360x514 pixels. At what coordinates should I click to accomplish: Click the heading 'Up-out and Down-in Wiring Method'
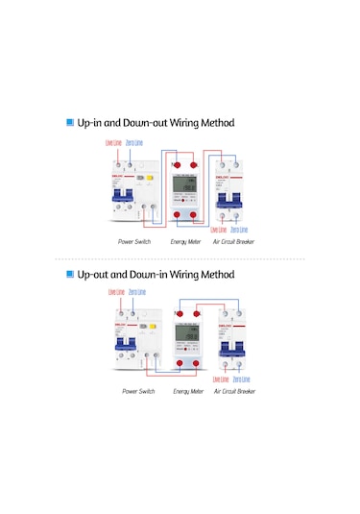click(x=156, y=275)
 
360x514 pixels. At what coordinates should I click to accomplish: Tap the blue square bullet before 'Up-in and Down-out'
click(x=70, y=123)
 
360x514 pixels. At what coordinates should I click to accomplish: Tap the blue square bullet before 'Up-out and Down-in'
click(x=70, y=275)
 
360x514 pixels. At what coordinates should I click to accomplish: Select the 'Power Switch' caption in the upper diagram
click(x=135, y=242)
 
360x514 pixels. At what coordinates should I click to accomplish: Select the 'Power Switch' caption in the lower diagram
click(x=138, y=392)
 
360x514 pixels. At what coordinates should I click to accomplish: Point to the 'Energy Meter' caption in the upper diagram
click(x=186, y=242)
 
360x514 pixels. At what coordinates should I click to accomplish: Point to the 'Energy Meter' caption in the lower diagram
click(x=188, y=392)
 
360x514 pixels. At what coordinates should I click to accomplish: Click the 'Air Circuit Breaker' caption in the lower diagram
click(x=234, y=392)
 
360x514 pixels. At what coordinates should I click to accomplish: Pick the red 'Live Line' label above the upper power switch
click(x=113, y=143)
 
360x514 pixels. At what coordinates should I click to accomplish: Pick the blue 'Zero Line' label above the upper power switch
click(x=134, y=143)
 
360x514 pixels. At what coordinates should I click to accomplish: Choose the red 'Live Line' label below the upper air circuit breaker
click(x=218, y=230)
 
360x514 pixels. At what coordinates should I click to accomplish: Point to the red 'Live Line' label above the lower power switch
click(x=116, y=291)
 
